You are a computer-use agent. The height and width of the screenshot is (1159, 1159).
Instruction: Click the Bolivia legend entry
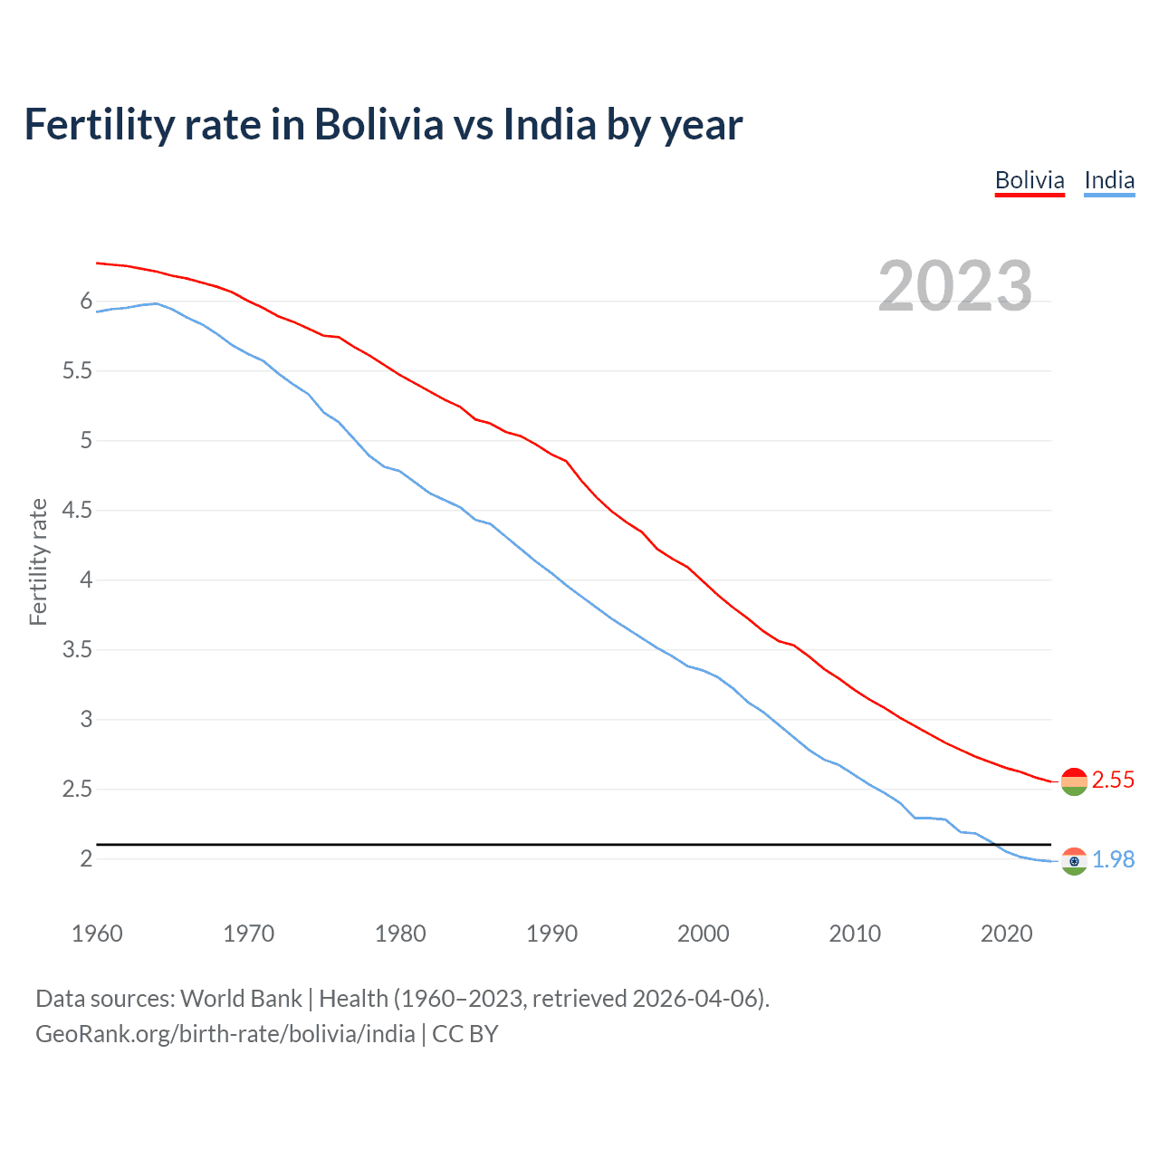tap(1030, 180)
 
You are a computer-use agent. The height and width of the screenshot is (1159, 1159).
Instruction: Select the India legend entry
tap(1109, 180)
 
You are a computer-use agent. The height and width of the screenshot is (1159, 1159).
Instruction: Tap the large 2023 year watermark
tap(954, 286)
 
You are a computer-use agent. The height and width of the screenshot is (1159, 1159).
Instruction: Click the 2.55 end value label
tap(1113, 780)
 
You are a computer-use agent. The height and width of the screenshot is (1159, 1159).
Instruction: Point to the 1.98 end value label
tap(1113, 859)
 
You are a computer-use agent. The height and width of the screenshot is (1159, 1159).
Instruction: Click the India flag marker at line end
tap(1074, 861)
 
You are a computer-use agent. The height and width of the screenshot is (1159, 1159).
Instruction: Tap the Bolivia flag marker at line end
tap(1074, 781)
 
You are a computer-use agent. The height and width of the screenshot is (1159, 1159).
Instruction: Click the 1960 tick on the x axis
tap(97, 934)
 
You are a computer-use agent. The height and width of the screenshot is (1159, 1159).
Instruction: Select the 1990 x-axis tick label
tap(551, 934)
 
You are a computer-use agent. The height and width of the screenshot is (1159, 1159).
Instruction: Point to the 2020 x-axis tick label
tap(1006, 934)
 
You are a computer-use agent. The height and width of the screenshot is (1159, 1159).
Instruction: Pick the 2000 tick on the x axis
tap(703, 934)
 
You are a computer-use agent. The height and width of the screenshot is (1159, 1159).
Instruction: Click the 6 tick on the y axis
tap(87, 302)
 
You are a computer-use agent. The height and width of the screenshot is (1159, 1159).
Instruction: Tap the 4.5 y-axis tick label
tap(78, 511)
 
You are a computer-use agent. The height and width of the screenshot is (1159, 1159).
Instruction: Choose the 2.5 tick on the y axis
tap(78, 790)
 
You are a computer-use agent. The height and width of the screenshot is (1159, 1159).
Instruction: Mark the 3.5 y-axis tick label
tap(78, 650)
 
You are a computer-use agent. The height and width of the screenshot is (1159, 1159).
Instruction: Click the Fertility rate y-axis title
tap(38, 561)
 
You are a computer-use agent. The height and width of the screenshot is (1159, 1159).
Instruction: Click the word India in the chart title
tap(550, 125)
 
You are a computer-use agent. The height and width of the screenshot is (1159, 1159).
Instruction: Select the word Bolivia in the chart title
tap(378, 125)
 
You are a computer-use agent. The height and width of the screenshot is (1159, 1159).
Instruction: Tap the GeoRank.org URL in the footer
tap(225, 1034)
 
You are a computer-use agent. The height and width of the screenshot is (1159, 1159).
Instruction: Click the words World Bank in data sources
tap(241, 999)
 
